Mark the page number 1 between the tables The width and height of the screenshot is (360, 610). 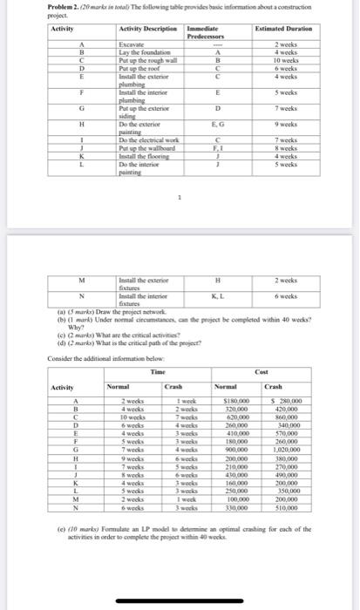[x=180, y=196]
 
